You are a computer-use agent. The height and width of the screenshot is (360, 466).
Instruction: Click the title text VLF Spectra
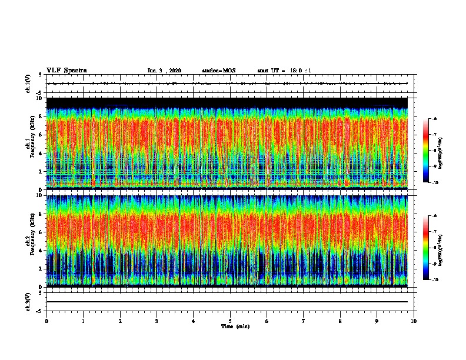coord(66,70)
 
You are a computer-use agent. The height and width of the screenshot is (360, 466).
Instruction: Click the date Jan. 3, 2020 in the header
coord(164,71)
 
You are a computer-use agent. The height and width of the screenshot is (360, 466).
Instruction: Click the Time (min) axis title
coord(235,326)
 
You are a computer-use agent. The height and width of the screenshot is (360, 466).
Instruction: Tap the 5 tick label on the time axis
coord(230,321)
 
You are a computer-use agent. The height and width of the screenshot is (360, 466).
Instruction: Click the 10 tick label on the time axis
coord(414,321)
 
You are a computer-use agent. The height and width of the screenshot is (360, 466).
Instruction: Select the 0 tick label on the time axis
coord(46,321)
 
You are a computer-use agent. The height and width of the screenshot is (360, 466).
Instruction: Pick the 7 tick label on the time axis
coord(304,321)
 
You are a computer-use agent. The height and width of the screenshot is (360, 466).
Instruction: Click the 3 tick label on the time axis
coord(157,321)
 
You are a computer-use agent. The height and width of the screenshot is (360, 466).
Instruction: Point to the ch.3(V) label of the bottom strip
coord(28,301)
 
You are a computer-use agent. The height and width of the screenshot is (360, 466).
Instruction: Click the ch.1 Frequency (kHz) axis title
coord(29,144)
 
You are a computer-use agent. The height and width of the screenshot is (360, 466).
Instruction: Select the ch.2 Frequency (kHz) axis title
coord(29,240)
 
